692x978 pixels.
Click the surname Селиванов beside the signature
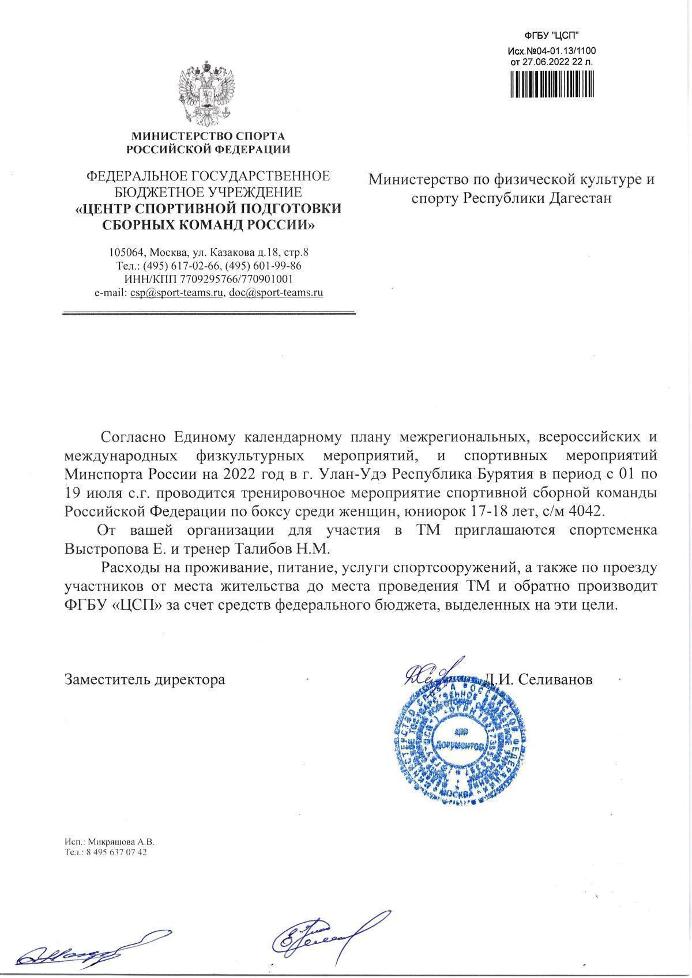coord(555,679)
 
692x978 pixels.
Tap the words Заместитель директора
coord(145,679)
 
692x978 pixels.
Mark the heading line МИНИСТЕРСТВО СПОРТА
coord(208,137)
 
